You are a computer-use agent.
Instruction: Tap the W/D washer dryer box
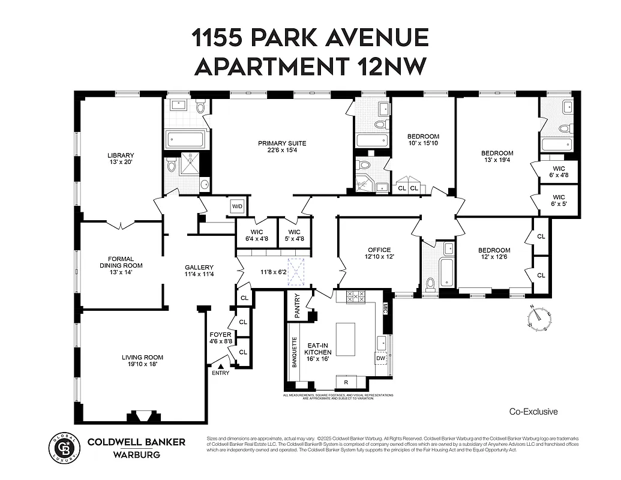[x=238, y=207]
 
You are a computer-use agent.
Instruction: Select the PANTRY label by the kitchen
[x=296, y=304]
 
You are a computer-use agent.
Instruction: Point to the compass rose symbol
[x=541, y=317]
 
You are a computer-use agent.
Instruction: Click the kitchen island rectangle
[x=345, y=340]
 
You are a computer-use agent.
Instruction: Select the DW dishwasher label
[x=380, y=358]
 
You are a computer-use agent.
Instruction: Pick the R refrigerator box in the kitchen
[x=346, y=382]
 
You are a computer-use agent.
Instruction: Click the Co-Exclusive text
[x=533, y=412]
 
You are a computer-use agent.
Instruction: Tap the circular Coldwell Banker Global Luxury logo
[x=64, y=448]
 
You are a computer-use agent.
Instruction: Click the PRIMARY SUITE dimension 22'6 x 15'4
[x=282, y=151]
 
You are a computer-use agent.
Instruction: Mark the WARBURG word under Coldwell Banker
[x=136, y=454]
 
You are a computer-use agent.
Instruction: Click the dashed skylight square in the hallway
[x=296, y=268]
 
